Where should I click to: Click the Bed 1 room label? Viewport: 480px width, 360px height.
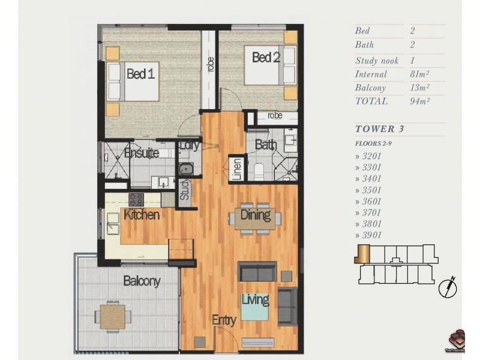(141, 74)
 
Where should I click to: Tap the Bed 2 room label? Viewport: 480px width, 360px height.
(266, 58)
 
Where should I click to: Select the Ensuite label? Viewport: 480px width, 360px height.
(142, 153)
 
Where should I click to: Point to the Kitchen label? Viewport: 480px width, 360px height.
(142, 214)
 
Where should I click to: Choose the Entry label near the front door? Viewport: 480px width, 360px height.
(224, 320)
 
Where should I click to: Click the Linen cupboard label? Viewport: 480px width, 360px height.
(237, 168)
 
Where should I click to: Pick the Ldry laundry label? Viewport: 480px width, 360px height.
(190, 145)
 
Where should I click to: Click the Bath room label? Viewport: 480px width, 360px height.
(265, 145)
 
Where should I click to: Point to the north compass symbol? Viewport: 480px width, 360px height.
(448, 287)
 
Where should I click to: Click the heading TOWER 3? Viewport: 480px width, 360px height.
(376, 128)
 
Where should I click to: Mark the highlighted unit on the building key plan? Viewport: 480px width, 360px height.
(362, 254)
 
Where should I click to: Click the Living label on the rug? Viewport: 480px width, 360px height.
(255, 299)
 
